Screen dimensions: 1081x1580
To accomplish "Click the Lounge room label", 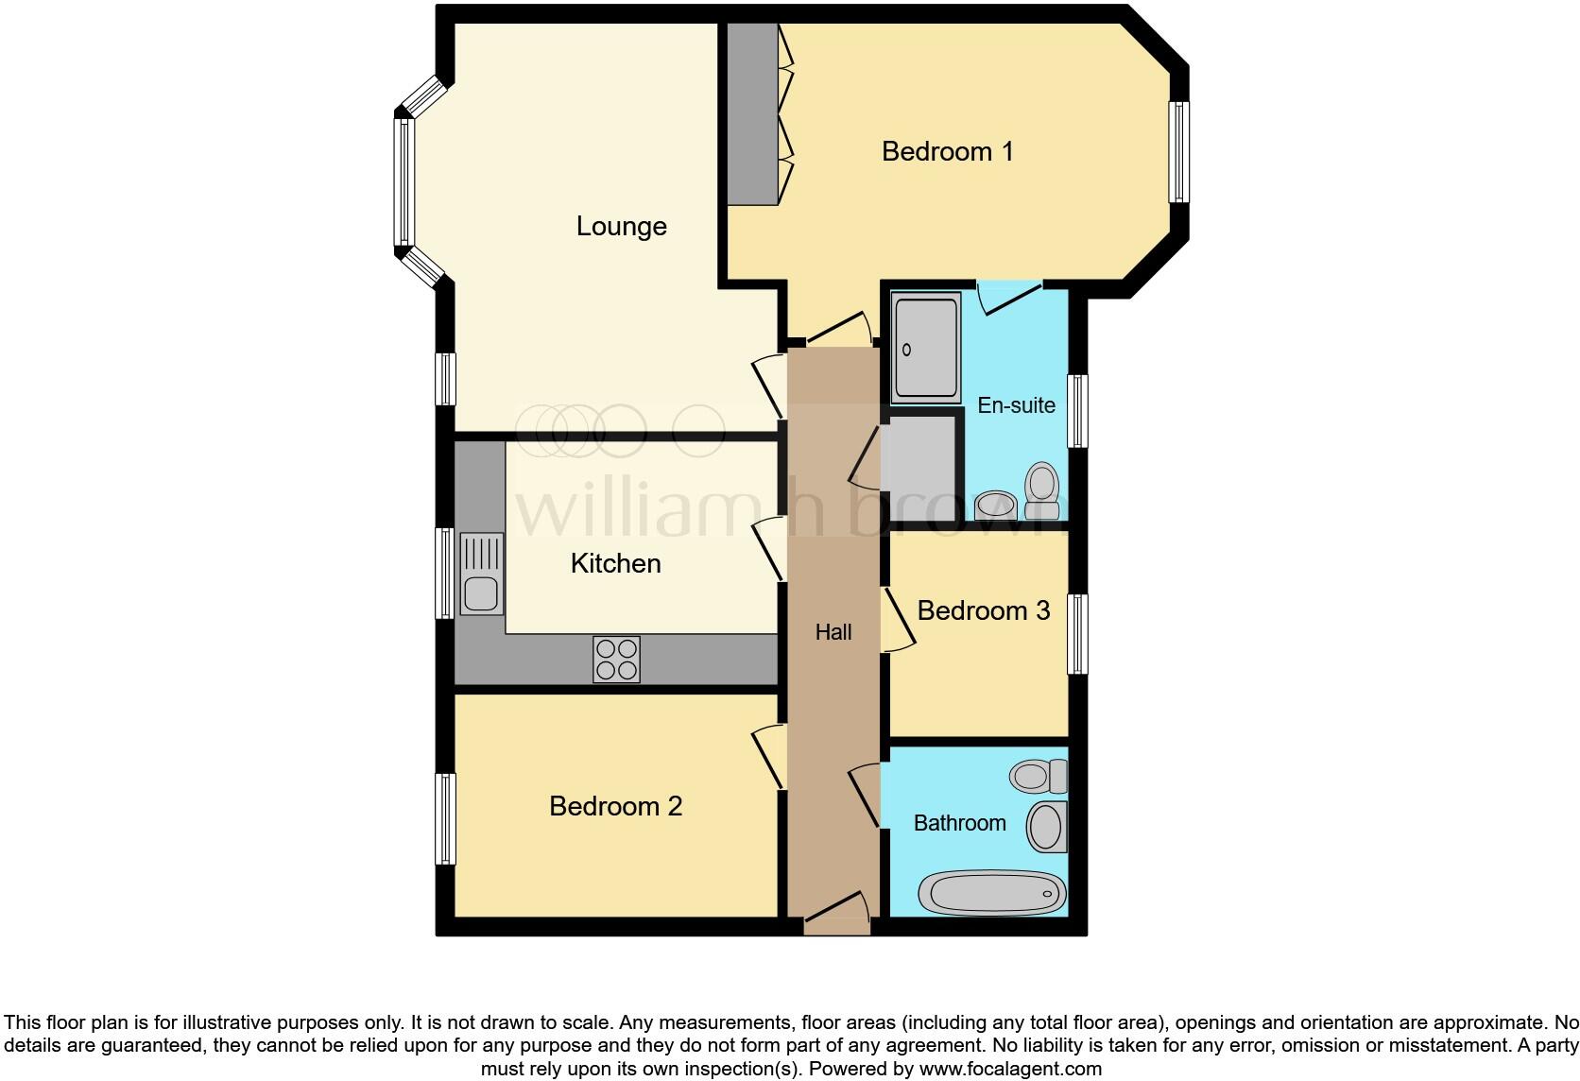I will (x=621, y=227).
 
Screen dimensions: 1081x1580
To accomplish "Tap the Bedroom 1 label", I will (x=947, y=151).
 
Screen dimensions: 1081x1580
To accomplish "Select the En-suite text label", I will (x=1016, y=405).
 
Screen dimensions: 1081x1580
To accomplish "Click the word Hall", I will (x=833, y=632).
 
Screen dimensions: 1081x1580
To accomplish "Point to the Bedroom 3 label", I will (x=983, y=610).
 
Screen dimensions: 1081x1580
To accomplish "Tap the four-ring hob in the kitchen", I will (x=616, y=659).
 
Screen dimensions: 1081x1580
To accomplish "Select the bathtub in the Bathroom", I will (x=992, y=892).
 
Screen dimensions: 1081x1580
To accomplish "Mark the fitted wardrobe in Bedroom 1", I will (x=752, y=113).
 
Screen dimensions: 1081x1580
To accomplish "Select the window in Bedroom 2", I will (x=445, y=818).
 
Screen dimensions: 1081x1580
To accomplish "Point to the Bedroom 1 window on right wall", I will (x=1177, y=152).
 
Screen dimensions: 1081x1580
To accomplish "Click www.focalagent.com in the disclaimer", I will (x=1009, y=1070).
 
